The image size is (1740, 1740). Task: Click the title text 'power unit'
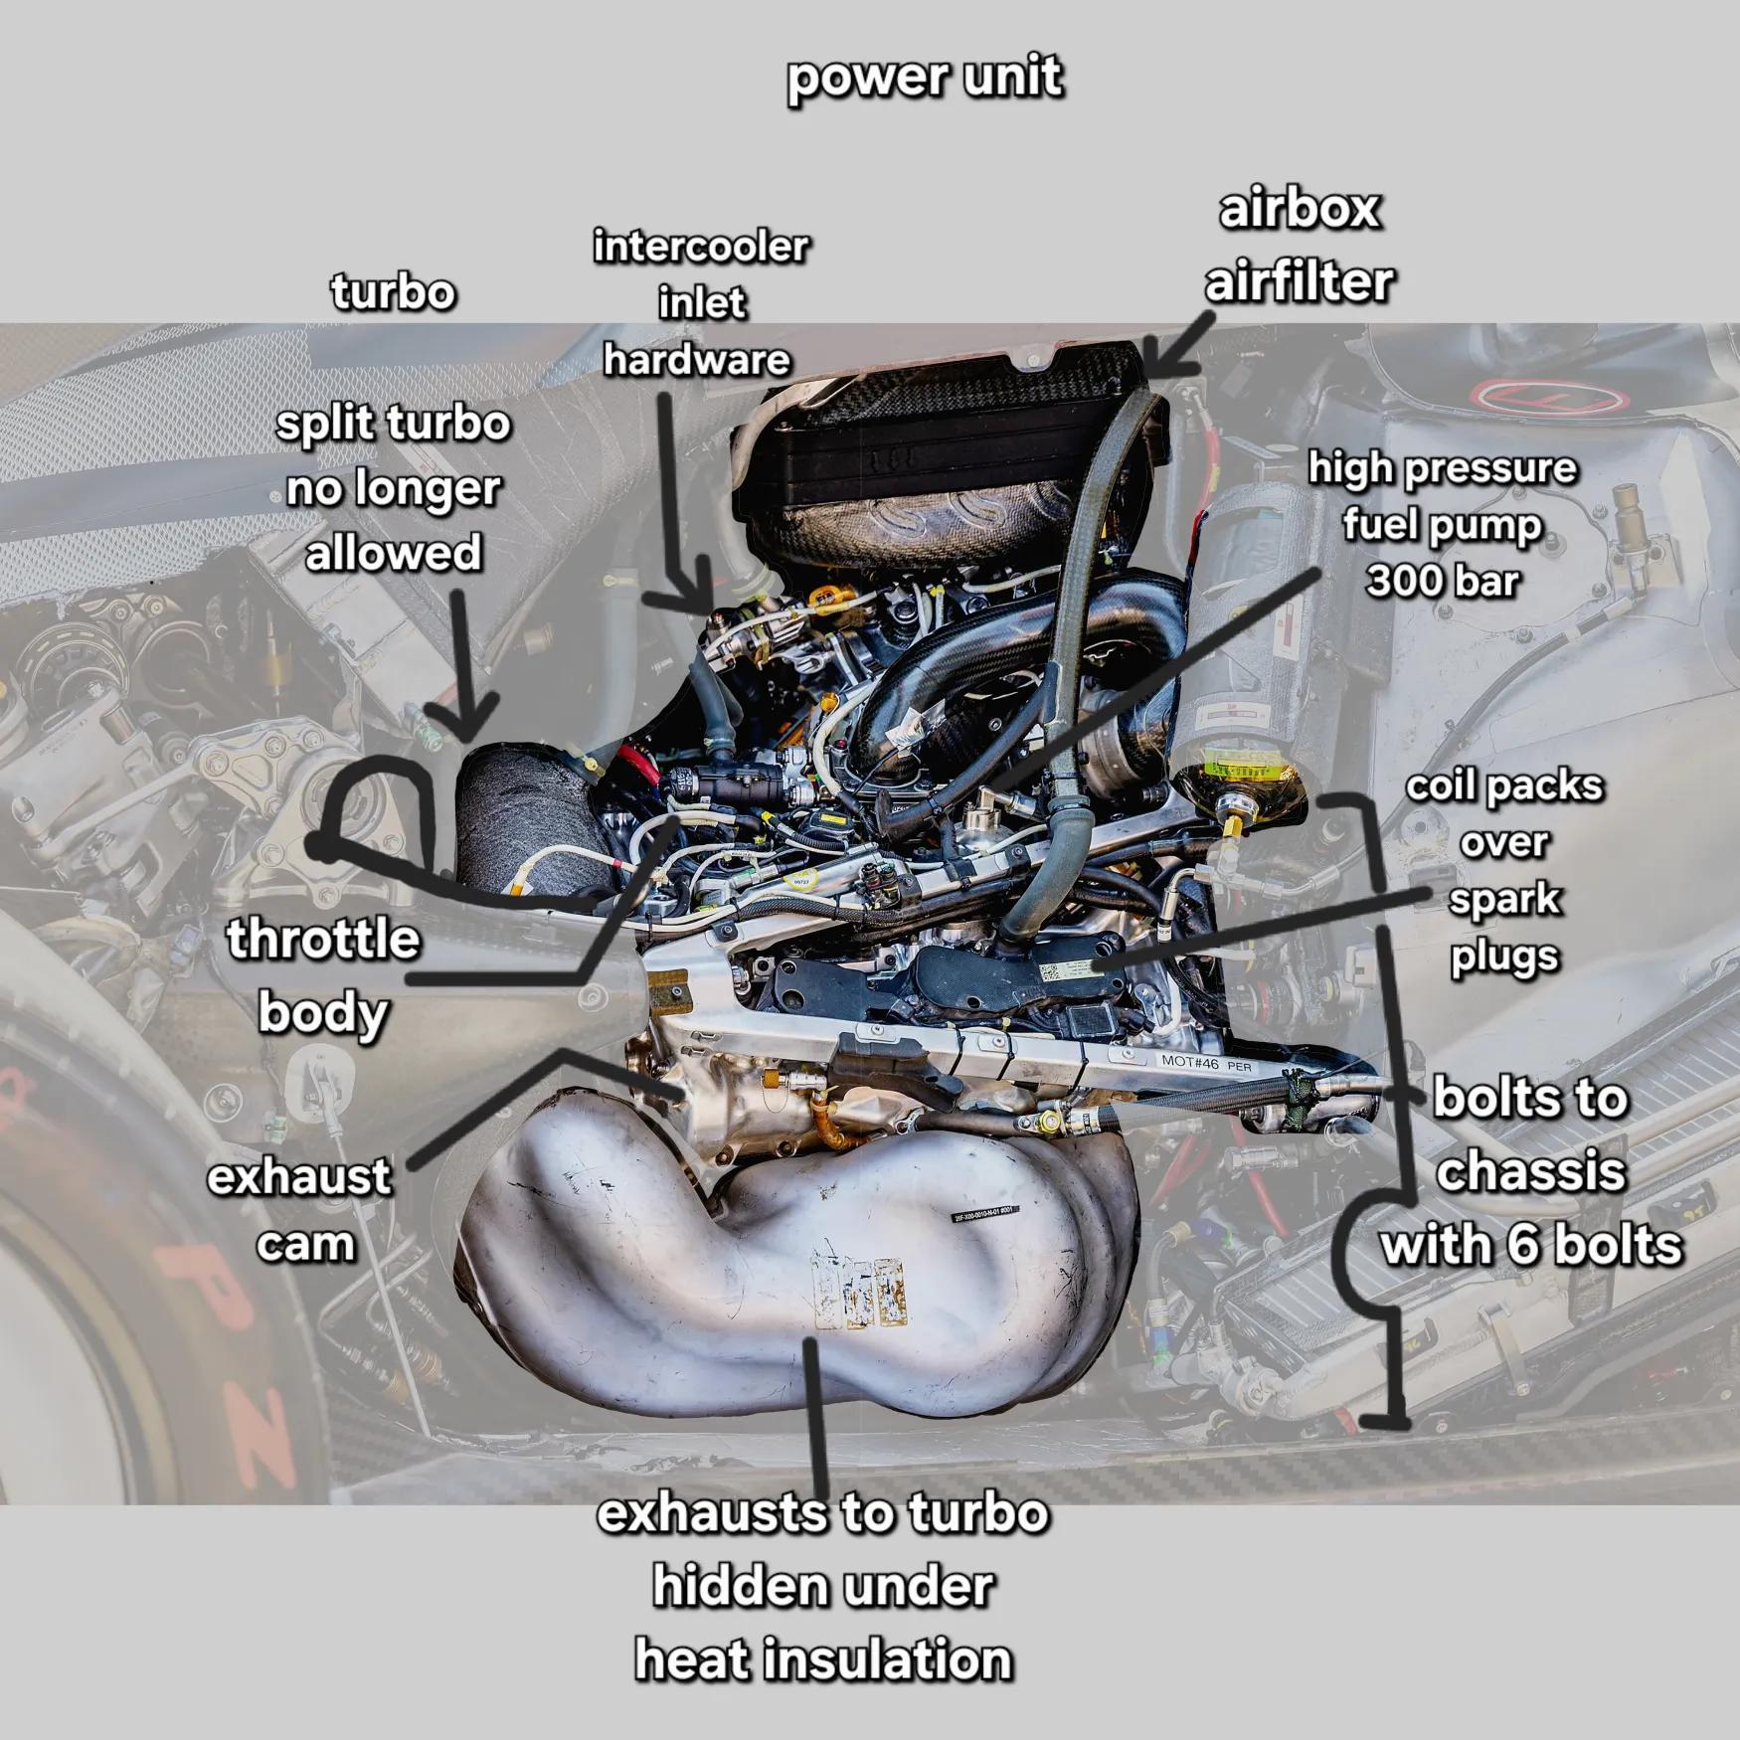pyautogui.click(x=925, y=79)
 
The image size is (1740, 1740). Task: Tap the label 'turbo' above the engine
pyautogui.click(x=393, y=292)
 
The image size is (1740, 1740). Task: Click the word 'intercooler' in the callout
pyautogui.click(x=701, y=247)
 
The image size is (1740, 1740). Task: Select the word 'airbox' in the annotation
pyautogui.click(x=1300, y=210)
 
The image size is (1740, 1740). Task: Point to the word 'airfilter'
pyautogui.click(x=1300, y=282)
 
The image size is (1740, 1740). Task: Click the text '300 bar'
pyautogui.click(x=1443, y=580)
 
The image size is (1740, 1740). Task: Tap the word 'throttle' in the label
pyautogui.click(x=323, y=939)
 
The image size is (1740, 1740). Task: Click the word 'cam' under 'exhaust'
pyautogui.click(x=305, y=1245)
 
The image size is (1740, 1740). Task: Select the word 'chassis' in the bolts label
pyautogui.click(x=1531, y=1171)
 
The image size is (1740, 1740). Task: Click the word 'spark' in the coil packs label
pyautogui.click(x=1504, y=901)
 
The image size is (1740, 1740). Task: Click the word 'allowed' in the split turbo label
pyautogui.click(x=393, y=553)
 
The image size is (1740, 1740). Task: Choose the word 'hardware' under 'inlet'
pyautogui.click(x=697, y=360)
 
